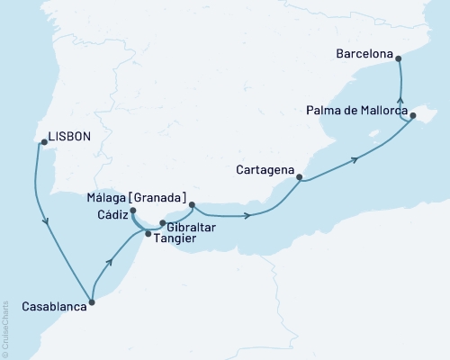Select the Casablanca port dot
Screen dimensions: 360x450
(93, 302)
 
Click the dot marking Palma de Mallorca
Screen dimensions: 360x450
(413, 115)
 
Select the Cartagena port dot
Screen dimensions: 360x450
(299, 177)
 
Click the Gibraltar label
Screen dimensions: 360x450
(191, 228)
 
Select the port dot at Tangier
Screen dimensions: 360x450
(148, 234)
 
